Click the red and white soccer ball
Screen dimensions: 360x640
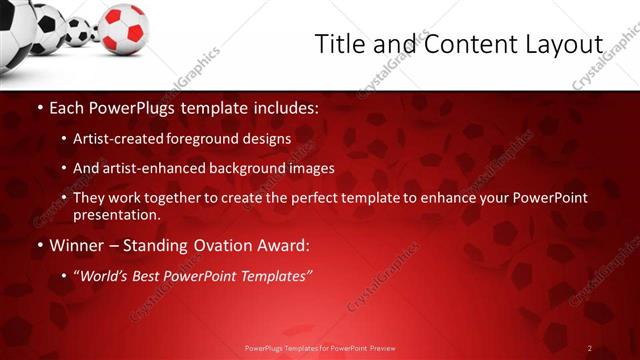[124, 28]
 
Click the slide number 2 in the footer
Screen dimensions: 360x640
[590, 348]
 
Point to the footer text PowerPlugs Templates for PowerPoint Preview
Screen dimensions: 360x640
[320, 348]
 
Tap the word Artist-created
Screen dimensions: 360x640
[120, 138]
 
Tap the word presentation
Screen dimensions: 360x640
[115, 214]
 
